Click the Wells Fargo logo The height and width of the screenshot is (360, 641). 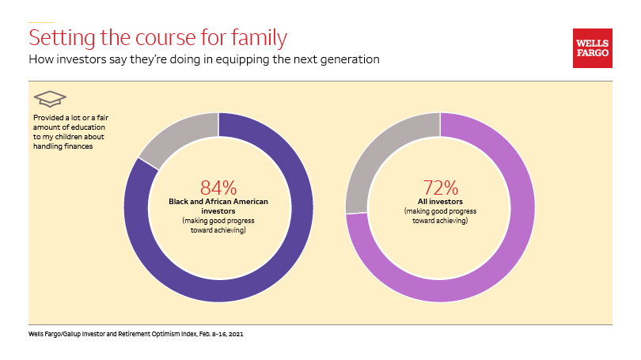click(592, 48)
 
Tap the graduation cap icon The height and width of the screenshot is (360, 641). click(49, 99)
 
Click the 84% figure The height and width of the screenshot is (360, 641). click(218, 188)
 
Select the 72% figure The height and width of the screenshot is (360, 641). click(440, 188)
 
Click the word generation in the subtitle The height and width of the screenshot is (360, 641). click(346, 59)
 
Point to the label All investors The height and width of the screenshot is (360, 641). click(440, 203)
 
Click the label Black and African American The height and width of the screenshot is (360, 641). click(218, 202)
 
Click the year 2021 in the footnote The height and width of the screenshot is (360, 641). click(234, 335)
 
